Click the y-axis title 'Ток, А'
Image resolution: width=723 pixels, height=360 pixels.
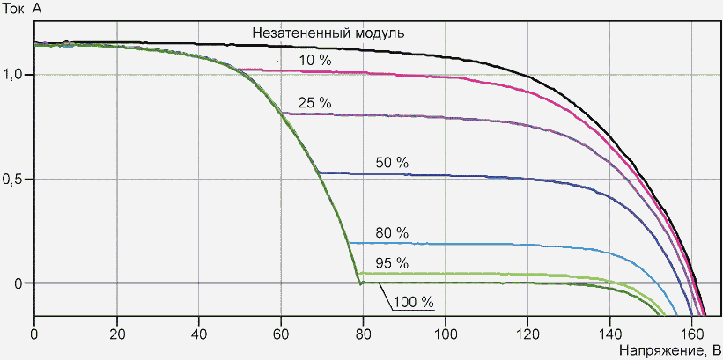(25, 9)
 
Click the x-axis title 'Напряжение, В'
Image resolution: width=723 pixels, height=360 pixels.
(669, 349)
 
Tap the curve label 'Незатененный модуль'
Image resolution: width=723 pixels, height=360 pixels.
(328, 33)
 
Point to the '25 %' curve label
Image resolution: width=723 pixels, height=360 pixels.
(314, 103)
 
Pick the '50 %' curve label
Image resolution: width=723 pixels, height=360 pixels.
(392, 163)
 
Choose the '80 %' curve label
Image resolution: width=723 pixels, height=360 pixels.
(391, 233)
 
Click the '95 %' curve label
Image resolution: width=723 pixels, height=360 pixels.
(391, 262)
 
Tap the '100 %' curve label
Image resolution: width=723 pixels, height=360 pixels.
(414, 302)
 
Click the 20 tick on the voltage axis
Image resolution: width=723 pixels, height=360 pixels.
(116, 333)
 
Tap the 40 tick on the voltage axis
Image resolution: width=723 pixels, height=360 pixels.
(199, 333)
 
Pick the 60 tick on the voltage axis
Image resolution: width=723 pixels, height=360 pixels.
(281, 333)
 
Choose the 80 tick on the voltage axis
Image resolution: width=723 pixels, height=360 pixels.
(363, 333)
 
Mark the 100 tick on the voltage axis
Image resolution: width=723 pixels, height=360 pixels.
(446, 333)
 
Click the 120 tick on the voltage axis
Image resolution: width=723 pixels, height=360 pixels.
(527, 333)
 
